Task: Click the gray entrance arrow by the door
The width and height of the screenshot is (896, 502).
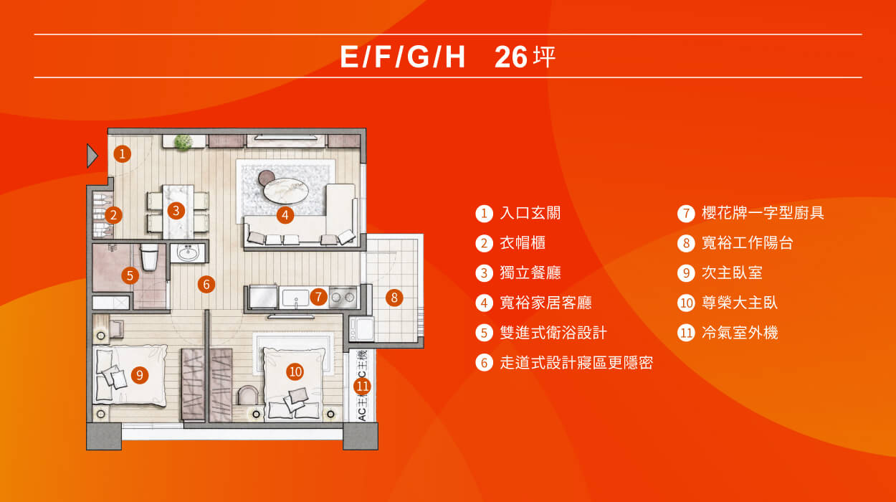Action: pyautogui.click(x=92, y=155)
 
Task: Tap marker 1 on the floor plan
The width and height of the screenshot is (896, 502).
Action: pyautogui.click(x=123, y=153)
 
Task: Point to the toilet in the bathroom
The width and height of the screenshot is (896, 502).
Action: pyautogui.click(x=150, y=257)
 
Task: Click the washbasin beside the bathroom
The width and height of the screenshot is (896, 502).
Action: pyautogui.click(x=189, y=253)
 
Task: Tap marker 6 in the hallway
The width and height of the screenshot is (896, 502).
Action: pyautogui.click(x=206, y=284)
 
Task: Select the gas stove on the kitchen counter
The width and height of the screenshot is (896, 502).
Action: pyautogui.click(x=343, y=297)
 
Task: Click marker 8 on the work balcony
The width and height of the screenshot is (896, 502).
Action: pyautogui.click(x=394, y=297)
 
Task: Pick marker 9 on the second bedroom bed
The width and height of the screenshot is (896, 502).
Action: pyautogui.click(x=140, y=374)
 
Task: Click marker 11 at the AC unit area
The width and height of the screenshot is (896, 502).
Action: pyautogui.click(x=363, y=387)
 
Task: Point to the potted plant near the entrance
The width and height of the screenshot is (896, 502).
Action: pyautogui.click(x=183, y=142)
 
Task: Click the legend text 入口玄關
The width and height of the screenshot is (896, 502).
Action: pyautogui.click(x=530, y=213)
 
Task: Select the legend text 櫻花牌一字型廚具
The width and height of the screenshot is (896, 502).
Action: pyautogui.click(x=763, y=213)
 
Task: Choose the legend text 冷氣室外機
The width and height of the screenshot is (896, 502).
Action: pyautogui.click(x=739, y=333)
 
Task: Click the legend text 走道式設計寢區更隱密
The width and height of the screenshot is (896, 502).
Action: pyautogui.click(x=576, y=363)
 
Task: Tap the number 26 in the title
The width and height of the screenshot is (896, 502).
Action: pyautogui.click(x=510, y=57)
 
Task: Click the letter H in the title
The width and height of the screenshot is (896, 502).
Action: pyautogui.click(x=454, y=57)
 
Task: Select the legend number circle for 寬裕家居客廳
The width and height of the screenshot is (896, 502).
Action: pyautogui.click(x=485, y=303)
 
